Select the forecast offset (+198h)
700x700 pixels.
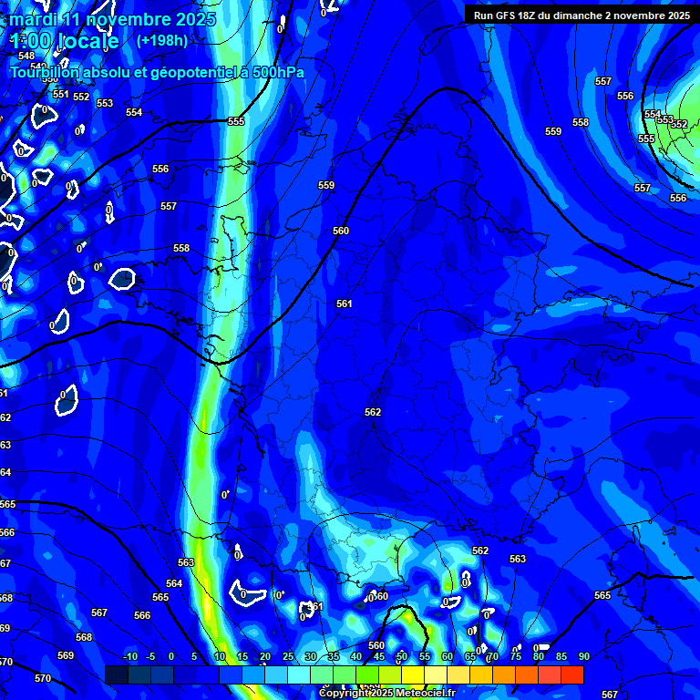point(161,41)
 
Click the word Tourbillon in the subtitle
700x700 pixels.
point(54,73)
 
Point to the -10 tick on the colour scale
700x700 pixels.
point(129,656)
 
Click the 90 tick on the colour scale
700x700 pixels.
point(583,656)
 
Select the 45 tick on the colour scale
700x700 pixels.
point(378,656)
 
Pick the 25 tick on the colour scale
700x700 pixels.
point(287,656)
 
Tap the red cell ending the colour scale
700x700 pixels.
point(571,674)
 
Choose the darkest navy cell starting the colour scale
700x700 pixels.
point(116,674)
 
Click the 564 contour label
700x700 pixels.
point(174,583)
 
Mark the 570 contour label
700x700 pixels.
point(43,678)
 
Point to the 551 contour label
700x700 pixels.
point(60,94)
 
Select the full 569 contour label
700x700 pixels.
point(65,655)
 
